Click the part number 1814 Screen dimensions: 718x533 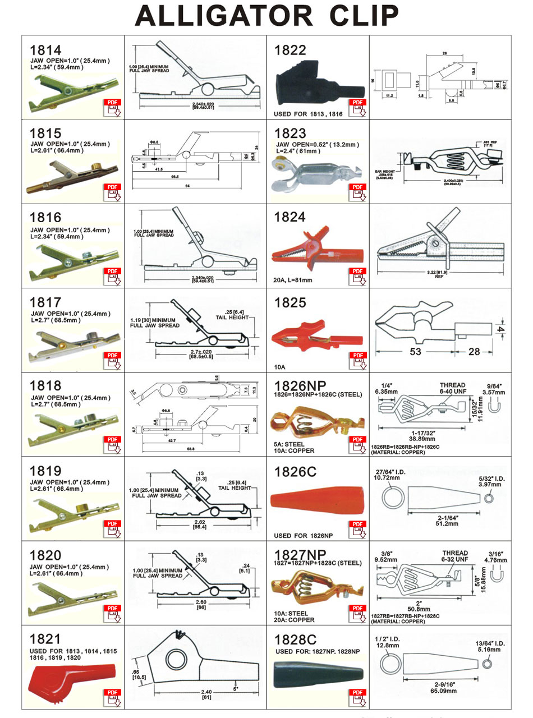coord(45,49)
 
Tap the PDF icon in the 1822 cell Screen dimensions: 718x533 coord(357,107)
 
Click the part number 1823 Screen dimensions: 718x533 coord(290,133)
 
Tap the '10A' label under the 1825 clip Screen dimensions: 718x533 coord(280,367)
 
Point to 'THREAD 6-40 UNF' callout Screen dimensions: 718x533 coord(452,388)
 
